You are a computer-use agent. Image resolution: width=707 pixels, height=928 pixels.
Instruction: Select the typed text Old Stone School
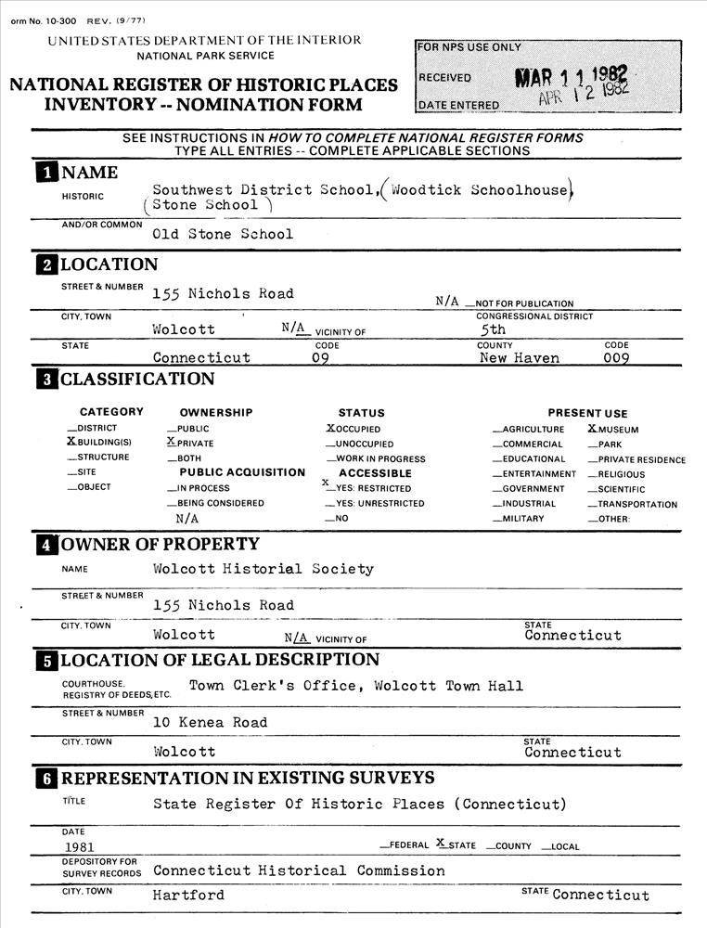(223, 235)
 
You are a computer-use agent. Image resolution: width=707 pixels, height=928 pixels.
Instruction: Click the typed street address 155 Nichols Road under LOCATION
(223, 294)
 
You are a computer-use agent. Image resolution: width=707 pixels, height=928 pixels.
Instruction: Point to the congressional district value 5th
(493, 329)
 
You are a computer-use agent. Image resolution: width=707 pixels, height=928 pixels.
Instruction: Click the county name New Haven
(519, 358)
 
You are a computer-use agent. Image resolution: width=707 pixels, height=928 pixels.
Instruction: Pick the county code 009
(617, 358)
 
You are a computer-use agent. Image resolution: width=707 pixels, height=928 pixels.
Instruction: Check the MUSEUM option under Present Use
(593, 429)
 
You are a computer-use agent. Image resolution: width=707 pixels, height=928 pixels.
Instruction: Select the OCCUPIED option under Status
(330, 429)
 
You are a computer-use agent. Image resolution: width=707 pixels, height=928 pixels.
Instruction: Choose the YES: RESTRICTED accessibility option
(327, 485)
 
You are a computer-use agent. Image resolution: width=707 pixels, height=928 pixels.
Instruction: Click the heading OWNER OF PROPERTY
(161, 544)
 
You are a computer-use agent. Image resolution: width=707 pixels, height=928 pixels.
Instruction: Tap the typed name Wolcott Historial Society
(264, 569)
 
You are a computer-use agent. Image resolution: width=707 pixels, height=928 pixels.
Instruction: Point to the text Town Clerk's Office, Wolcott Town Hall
(356, 687)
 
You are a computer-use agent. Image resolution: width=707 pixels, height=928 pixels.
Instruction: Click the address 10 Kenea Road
(210, 723)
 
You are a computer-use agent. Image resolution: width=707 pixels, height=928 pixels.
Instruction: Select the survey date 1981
(79, 846)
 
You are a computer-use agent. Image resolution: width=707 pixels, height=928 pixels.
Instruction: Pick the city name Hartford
(188, 896)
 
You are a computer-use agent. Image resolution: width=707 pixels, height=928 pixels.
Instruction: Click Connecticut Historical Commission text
(299, 871)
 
